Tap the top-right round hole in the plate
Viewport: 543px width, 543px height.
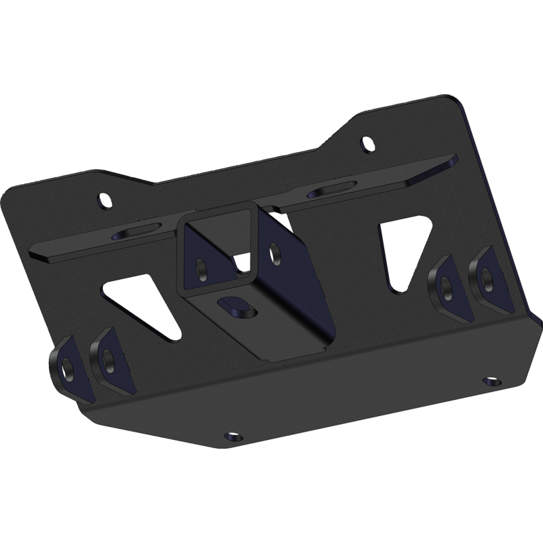click(x=368, y=145)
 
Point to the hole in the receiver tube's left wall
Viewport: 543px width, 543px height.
click(x=201, y=267)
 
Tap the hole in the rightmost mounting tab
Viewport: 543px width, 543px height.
click(x=487, y=274)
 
